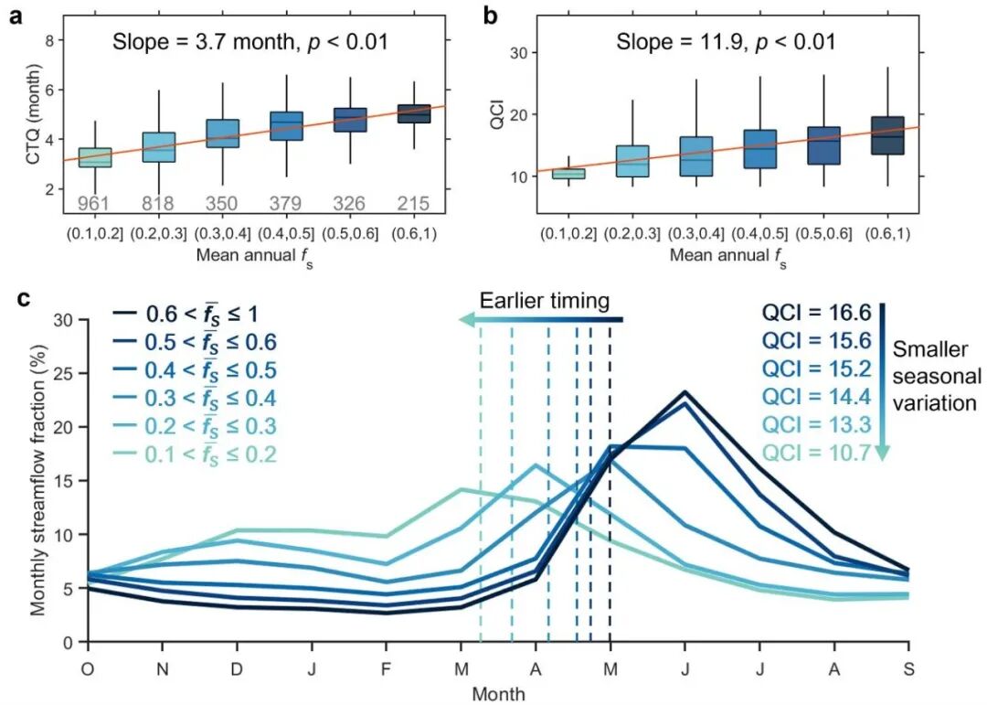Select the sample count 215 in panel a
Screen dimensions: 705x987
click(411, 204)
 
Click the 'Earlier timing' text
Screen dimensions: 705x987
click(544, 301)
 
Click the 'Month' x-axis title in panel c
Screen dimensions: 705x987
click(498, 693)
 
